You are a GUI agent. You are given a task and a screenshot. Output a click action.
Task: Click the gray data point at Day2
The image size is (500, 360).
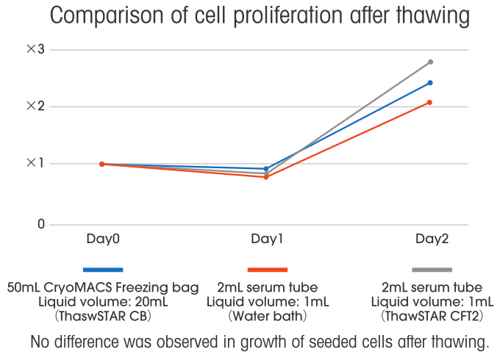430,62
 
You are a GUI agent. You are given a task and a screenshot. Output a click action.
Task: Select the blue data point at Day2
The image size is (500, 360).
430,82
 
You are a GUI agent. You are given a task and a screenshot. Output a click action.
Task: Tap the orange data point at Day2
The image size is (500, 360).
430,102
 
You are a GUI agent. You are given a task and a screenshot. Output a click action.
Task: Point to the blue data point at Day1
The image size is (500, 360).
266,169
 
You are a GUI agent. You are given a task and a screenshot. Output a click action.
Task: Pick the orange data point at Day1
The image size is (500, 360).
266,177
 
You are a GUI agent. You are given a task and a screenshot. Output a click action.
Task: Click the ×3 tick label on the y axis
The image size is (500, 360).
36,49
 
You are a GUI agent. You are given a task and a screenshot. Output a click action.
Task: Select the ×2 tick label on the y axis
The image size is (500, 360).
36,106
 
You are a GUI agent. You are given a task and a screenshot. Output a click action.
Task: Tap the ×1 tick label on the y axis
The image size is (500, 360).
36,163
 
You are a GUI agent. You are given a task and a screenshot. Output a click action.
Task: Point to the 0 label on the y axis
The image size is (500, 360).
41,224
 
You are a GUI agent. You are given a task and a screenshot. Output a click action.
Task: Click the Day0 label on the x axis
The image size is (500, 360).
103,240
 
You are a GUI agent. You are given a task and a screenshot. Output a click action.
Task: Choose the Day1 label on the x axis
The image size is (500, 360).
267,240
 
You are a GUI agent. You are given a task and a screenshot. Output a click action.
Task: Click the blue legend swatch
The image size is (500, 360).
103,270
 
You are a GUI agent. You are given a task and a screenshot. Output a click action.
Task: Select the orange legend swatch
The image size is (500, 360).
267,270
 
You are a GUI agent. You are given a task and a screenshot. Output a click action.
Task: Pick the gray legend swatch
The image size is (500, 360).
432,270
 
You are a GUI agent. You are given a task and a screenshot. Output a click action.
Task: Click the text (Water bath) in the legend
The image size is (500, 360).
267,317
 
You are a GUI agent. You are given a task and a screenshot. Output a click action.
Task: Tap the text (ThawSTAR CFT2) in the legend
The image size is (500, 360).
432,317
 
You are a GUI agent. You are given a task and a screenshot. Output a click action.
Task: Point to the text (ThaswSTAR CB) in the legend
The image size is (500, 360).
103,317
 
